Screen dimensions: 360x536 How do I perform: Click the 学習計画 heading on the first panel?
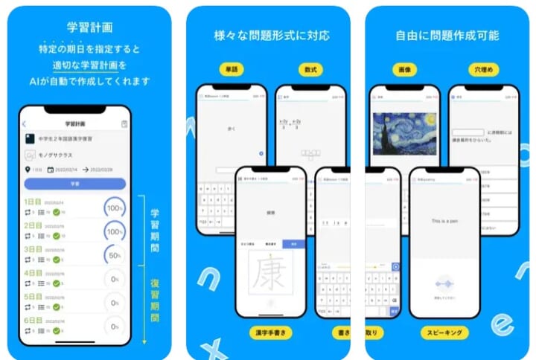tap(89, 28)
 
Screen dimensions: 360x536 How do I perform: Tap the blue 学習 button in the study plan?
tap(74, 183)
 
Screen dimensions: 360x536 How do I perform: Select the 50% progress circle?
tap(115, 256)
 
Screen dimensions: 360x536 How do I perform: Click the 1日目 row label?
tap(33, 201)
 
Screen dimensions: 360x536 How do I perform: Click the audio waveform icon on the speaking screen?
tap(444, 285)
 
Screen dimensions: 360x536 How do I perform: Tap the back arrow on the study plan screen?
tap(24, 124)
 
